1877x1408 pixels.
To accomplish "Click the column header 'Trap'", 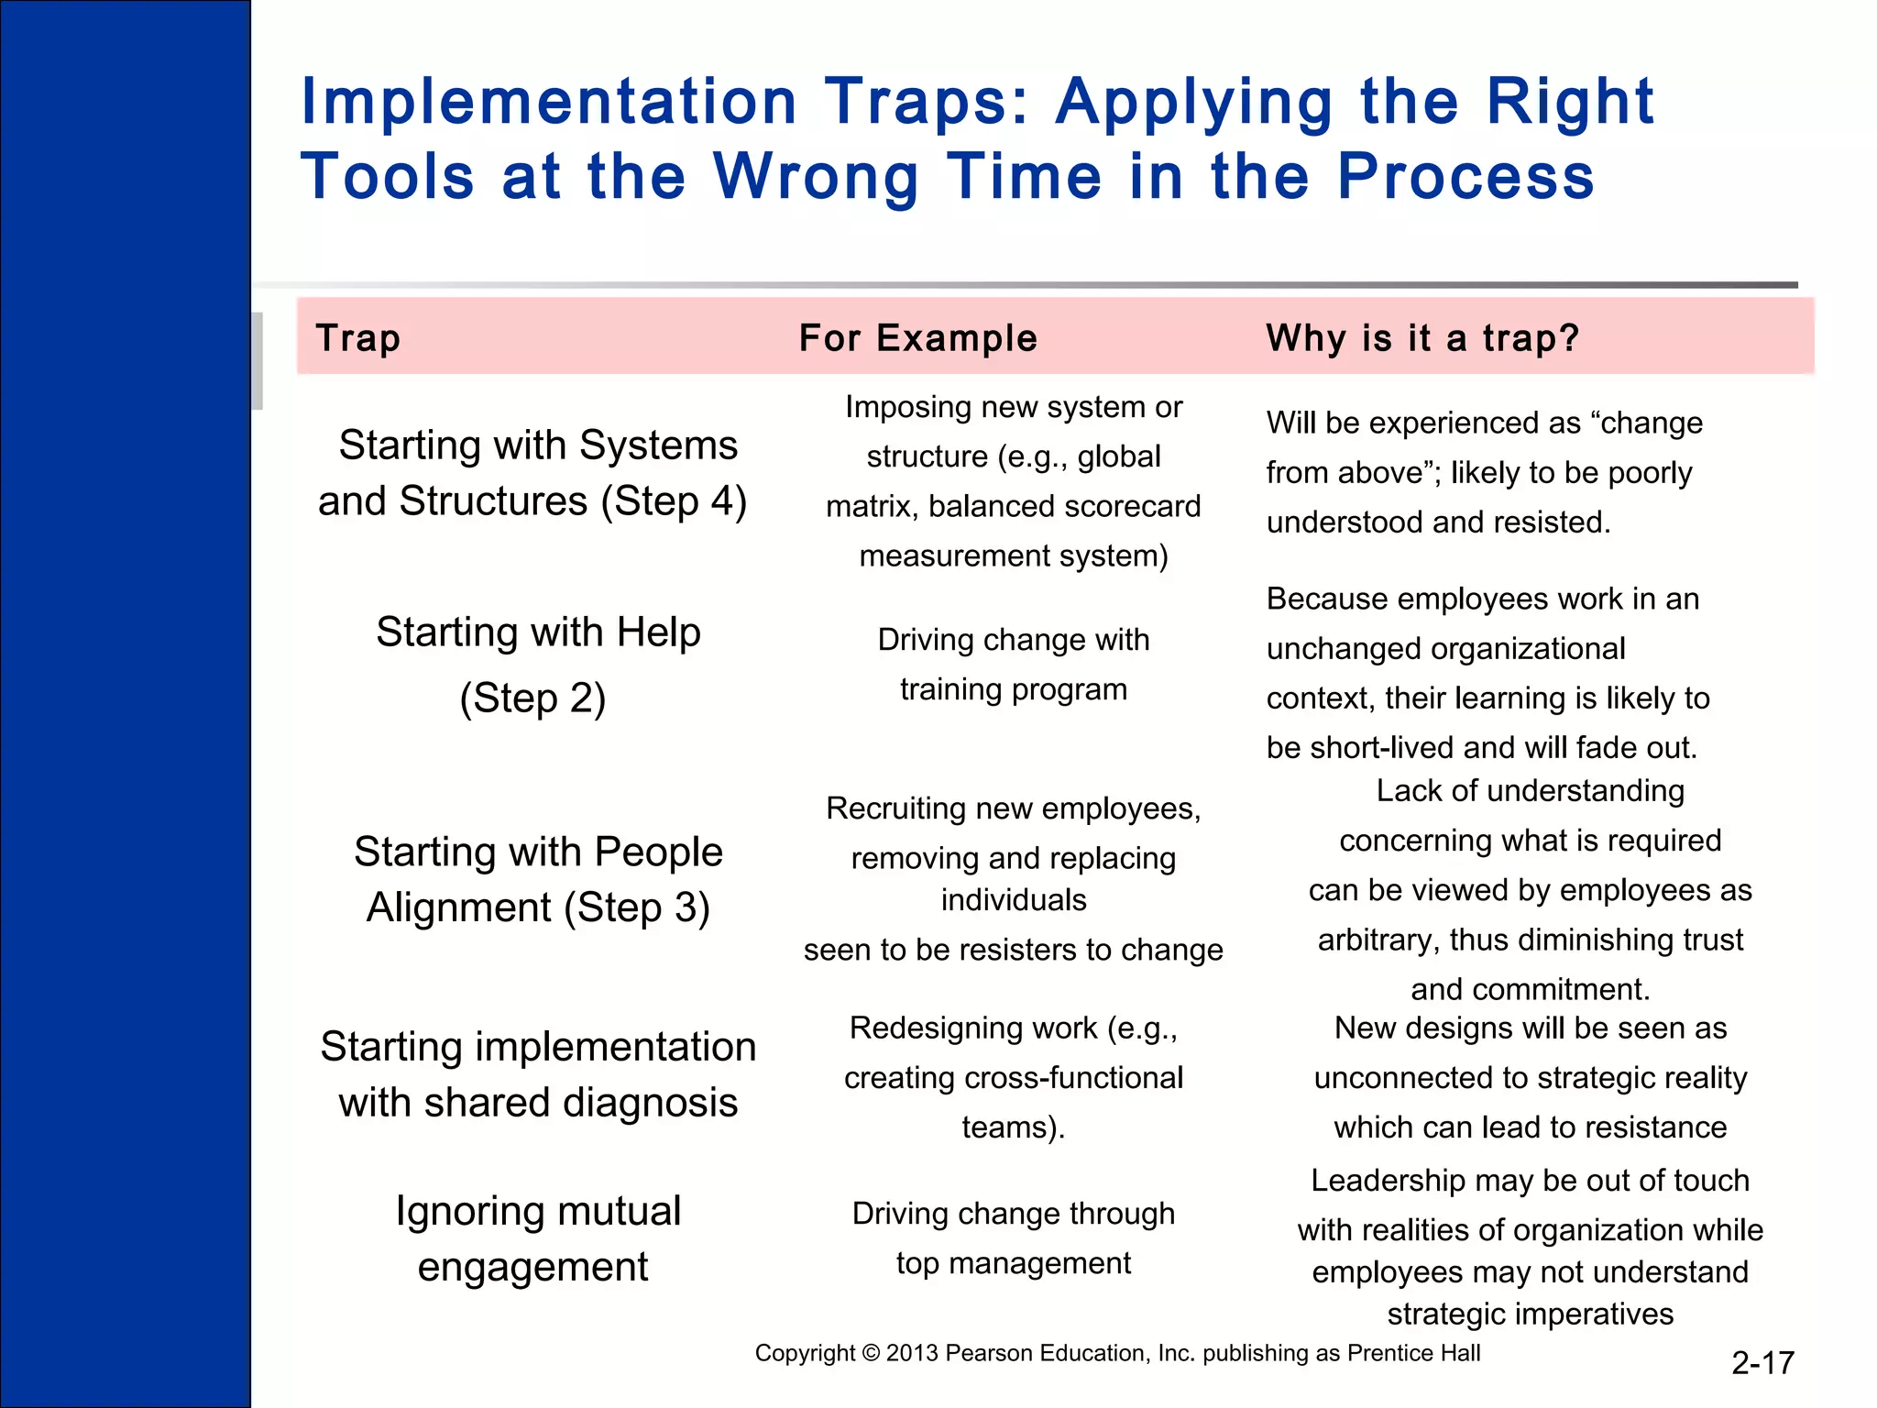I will [357, 338].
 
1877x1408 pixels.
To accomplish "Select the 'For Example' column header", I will [917, 338].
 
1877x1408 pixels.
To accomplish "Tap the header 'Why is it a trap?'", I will [1422, 338].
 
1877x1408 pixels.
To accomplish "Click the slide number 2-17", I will [1762, 1363].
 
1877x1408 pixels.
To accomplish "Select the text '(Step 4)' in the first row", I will [674, 501].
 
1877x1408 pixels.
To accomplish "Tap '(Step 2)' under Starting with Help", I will [532, 698].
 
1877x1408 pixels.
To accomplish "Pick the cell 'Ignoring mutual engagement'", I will [537, 1238].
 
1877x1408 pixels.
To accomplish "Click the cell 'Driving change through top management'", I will [1013, 1237].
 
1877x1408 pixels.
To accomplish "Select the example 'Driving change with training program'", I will [1013, 665].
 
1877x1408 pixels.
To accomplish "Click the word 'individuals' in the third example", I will [1013, 900].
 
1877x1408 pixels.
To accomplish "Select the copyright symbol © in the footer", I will [871, 1353].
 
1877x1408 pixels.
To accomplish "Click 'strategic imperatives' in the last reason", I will [1530, 1314].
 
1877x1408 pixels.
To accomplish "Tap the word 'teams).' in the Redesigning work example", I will [1013, 1127].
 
